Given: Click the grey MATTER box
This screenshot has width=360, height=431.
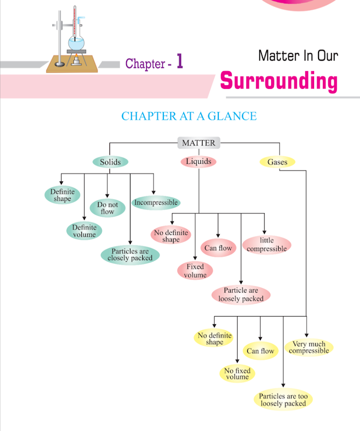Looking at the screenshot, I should pyautogui.click(x=198, y=143).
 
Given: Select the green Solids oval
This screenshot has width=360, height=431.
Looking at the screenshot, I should pyautogui.click(x=110, y=162).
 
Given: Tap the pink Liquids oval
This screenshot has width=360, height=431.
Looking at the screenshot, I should pyautogui.click(x=198, y=162).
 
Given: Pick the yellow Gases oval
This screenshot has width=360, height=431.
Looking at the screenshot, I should pyautogui.click(x=277, y=162).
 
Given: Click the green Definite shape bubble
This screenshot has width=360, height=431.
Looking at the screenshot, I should pyautogui.click(x=63, y=195).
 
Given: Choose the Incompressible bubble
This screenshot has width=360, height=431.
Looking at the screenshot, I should pyautogui.click(x=156, y=203).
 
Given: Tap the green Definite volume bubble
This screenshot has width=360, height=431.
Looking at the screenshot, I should pyautogui.click(x=85, y=231).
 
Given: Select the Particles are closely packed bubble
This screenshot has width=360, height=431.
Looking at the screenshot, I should pyautogui.click(x=130, y=255).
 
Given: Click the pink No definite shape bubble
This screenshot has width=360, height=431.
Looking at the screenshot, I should pyautogui.click(x=171, y=236).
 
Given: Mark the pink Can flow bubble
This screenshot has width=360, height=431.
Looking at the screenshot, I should pyautogui.click(x=218, y=248).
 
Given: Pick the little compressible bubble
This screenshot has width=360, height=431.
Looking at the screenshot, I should pyautogui.click(x=266, y=245).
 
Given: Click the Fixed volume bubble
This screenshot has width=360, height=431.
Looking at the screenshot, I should pyautogui.click(x=195, y=270).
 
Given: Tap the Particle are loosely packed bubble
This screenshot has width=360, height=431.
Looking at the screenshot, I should pyautogui.click(x=241, y=294).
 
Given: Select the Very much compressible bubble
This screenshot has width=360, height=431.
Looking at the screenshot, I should pyautogui.click(x=309, y=347).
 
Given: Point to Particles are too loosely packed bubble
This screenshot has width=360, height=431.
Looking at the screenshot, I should pyautogui.click(x=283, y=400).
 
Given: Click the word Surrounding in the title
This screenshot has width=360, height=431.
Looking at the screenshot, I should pyautogui.click(x=279, y=81).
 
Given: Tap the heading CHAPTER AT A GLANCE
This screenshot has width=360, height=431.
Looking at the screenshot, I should pyautogui.click(x=189, y=116).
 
